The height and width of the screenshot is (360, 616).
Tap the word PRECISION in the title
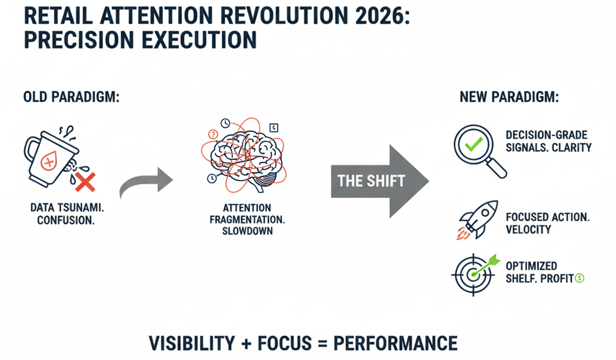tap(79, 40)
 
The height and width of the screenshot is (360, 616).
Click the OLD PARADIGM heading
tap(71, 97)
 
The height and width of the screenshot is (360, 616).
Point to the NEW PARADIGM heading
tap(509, 97)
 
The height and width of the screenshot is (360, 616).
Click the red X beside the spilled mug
tap(85, 182)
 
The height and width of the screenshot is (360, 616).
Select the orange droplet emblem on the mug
tap(49, 161)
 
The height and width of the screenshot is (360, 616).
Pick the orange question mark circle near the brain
tap(213, 134)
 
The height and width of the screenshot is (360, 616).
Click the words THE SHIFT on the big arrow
tap(371, 181)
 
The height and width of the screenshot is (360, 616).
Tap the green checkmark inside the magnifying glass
tap(474, 144)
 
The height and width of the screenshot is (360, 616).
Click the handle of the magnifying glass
tap(496, 168)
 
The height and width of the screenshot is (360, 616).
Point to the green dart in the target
tap(486, 265)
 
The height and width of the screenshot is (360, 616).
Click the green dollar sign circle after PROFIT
tap(580, 278)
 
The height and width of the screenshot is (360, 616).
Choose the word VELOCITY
tap(528, 229)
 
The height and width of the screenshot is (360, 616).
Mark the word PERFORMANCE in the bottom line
tap(396, 343)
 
